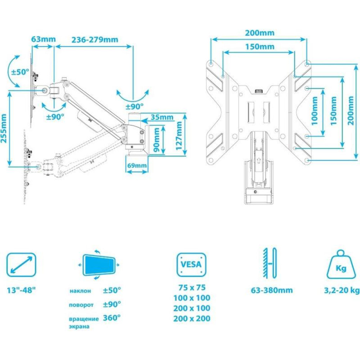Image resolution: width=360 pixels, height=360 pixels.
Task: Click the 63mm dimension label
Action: point(44,39)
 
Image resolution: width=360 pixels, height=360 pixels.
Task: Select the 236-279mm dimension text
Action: point(95,40)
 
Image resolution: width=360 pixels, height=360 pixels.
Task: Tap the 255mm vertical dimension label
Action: point(4,129)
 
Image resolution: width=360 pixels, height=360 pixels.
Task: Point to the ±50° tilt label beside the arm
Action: point(20,72)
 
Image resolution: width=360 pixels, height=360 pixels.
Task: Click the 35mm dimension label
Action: point(162,117)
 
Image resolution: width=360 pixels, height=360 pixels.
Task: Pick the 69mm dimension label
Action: point(137,165)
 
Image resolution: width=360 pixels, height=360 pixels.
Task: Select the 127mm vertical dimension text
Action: point(179,136)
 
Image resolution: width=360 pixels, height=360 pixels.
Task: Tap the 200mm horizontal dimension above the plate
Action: point(260,33)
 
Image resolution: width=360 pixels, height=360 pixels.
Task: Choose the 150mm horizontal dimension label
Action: point(260,46)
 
